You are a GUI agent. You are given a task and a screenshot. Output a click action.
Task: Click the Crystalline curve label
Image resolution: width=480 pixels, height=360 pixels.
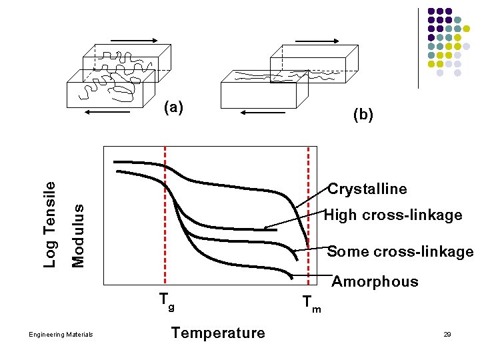point(367,189)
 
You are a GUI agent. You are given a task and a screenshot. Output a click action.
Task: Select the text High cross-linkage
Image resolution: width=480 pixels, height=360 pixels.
point(393,215)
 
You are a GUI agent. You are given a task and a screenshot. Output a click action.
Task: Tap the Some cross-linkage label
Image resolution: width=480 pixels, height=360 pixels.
point(400,251)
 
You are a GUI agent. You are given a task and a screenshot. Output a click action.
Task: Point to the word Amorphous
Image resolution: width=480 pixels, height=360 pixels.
point(375,281)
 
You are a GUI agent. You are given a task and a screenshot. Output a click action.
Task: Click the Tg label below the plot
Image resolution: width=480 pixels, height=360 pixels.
point(166,301)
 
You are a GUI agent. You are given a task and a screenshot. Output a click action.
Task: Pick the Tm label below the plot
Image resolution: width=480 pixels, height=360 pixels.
point(311,303)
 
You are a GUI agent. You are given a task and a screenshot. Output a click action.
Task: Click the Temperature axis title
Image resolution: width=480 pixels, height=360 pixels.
point(218,333)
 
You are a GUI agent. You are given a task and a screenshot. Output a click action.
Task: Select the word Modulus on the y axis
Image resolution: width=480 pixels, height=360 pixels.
point(78,235)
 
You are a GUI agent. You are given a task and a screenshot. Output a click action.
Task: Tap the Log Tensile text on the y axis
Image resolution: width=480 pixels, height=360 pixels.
point(50,224)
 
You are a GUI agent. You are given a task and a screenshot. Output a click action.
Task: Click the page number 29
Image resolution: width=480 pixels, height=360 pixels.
point(447,334)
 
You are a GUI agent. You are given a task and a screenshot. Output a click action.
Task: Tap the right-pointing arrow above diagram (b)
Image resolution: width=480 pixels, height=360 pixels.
point(317,41)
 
